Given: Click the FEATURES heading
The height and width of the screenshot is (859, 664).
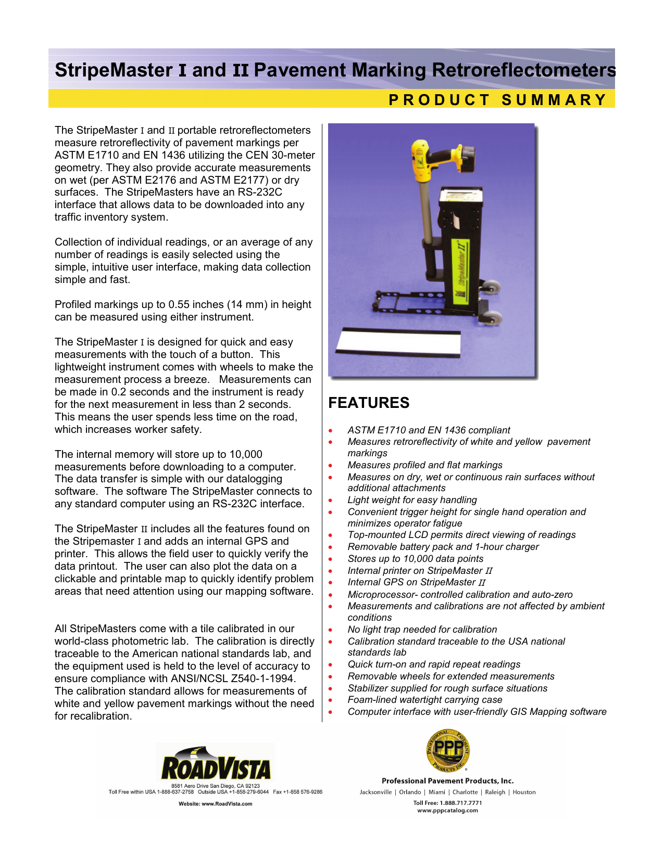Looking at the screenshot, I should click(369, 403).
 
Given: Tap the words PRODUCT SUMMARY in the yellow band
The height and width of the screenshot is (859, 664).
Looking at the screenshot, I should click(498, 99).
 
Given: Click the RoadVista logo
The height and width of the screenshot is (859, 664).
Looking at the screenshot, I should click(216, 764).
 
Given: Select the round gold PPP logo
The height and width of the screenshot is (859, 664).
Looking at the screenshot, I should click(448, 750).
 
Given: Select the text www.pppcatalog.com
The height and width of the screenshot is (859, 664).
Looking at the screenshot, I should click(447, 810).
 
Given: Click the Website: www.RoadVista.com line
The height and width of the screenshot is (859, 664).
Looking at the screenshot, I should click(215, 804).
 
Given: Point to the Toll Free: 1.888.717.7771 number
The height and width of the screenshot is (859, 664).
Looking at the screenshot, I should click(447, 802).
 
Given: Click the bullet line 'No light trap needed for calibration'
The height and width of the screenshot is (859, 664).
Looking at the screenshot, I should click(422, 630).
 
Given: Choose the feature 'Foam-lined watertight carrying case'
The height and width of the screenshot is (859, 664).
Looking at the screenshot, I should click(425, 700).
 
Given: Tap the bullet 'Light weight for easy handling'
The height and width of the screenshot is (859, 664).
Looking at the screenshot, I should click(412, 500).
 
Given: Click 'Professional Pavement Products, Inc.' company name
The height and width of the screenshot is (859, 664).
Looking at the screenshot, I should click(447, 781).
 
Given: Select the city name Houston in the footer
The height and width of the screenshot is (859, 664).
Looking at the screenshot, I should click(524, 792).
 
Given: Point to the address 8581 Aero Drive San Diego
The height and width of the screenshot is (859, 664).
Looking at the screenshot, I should click(215, 786).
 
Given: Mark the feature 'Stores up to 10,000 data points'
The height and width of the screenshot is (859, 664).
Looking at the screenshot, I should click(415, 559).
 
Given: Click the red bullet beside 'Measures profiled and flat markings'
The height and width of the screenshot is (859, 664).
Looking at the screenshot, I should click(330, 466).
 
